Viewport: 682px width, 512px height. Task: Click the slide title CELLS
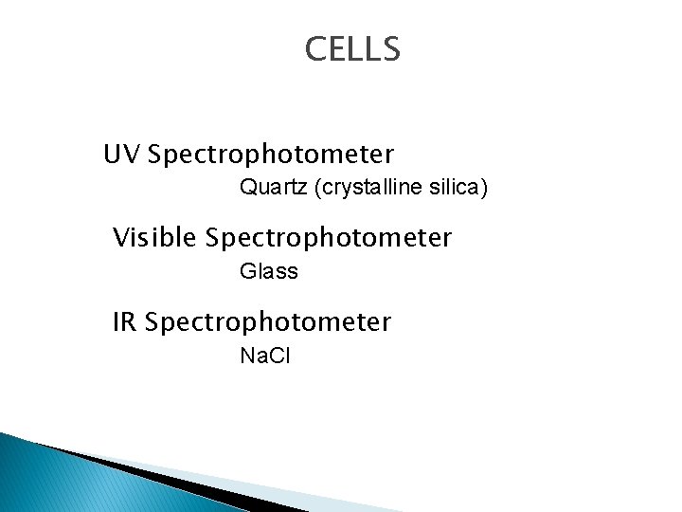(x=352, y=49)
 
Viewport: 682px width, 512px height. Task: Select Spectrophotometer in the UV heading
(x=271, y=154)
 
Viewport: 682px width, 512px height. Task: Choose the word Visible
(x=154, y=237)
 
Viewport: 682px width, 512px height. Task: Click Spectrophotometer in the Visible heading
(x=329, y=238)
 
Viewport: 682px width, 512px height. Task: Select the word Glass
(x=269, y=271)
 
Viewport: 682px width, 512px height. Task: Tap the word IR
(x=125, y=322)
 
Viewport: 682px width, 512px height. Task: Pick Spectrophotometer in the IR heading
(x=269, y=323)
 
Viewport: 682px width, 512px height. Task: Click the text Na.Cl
(x=265, y=357)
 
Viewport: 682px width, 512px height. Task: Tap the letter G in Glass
(x=248, y=271)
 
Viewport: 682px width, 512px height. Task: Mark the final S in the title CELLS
(x=391, y=49)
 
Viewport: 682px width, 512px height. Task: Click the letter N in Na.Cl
(x=247, y=357)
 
